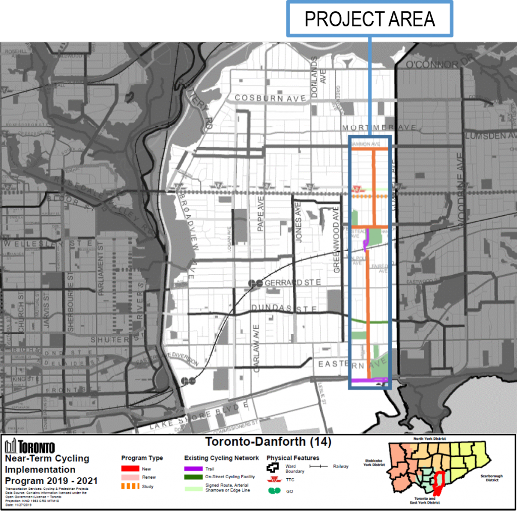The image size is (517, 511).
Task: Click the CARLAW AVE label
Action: pyautogui.click(x=256, y=348)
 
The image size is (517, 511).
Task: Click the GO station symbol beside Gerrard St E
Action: pyautogui.click(x=255, y=283)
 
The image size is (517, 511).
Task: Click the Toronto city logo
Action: pyautogui.click(x=30, y=446)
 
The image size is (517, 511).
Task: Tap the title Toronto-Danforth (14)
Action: pyautogui.click(x=268, y=442)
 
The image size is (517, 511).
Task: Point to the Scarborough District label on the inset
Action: pyautogui.click(x=491, y=478)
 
